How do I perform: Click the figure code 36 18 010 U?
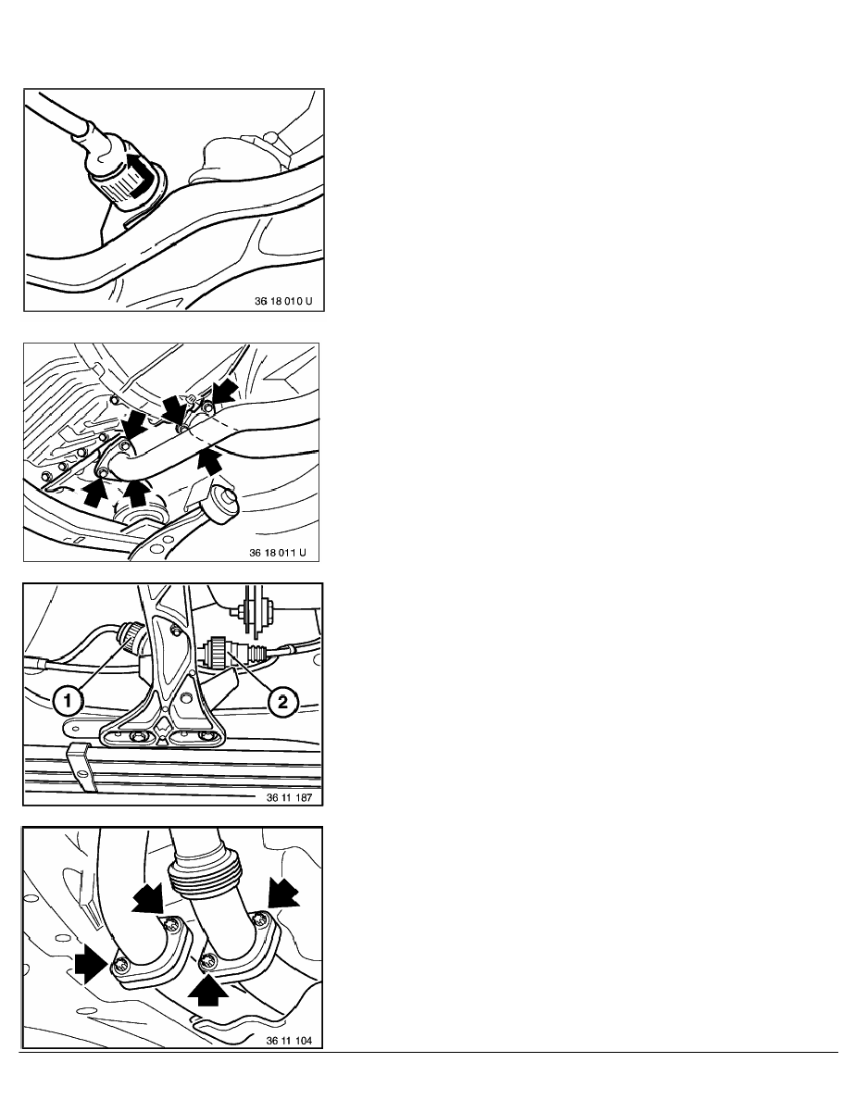pyautogui.click(x=283, y=301)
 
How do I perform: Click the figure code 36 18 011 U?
pyautogui.click(x=278, y=552)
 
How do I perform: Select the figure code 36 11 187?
pyautogui.click(x=289, y=797)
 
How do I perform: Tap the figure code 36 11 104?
pyautogui.click(x=289, y=1041)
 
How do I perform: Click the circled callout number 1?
pyautogui.click(x=67, y=699)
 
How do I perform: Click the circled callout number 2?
pyautogui.click(x=282, y=701)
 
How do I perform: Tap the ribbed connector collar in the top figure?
pyautogui.click(x=120, y=187)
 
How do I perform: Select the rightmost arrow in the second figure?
pyautogui.click(x=224, y=393)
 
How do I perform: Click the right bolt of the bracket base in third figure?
pyautogui.click(x=206, y=736)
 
